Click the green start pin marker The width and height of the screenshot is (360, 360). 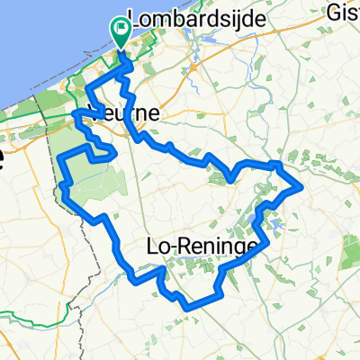pos(121,32)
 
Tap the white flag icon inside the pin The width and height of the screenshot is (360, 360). pos(121,29)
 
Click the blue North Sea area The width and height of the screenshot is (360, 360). pos(36,36)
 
